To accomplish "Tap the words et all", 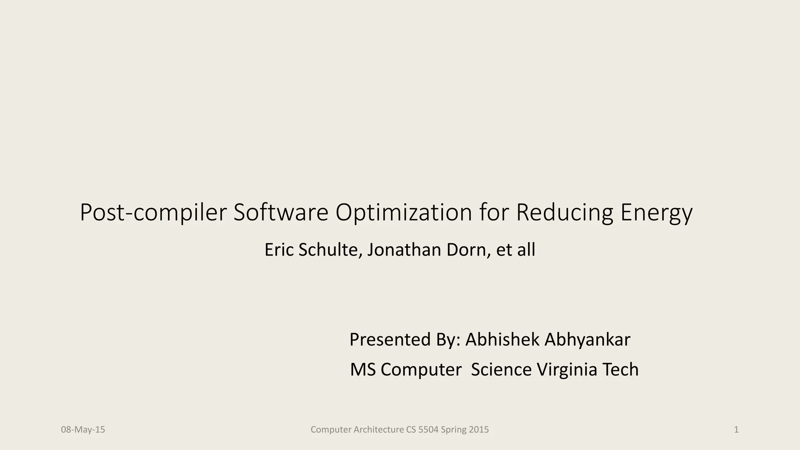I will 516,250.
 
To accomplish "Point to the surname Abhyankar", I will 587,339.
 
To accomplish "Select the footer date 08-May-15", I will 83,430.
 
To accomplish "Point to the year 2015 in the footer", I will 479,430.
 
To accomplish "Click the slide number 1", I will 736,430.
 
